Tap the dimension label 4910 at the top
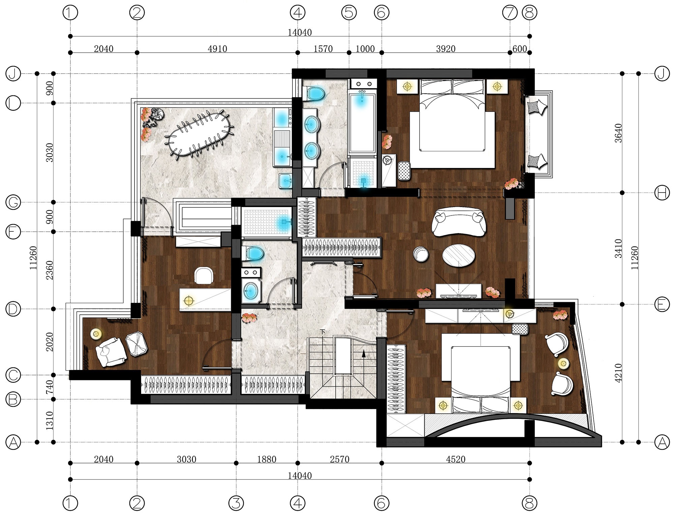click(x=217, y=49)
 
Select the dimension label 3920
click(x=446, y=49)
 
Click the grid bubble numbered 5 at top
click(x=349, y=13)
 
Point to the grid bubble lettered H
click(x=662, y=193)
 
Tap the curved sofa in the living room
click(x=459, y=222)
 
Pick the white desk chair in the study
click(x=204, y=275)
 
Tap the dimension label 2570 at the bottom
click(x=339, y=459)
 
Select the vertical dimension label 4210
click(x=618, y=373)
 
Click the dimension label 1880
click(x=267, y=459)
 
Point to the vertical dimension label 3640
click(x=618, y=133)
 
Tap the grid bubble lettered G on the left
click(x=13, y=202)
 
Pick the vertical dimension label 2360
click(x=50, y=270)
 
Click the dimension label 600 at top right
click(x=519, y=49)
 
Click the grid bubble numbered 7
click(x=510, y=13)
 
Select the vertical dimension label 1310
click(x=50, y=421)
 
